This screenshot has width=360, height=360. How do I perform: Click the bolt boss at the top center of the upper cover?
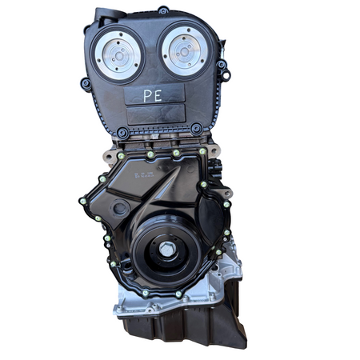tap(163, 10)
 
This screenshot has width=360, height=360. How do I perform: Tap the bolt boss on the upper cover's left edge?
tap(86, 82)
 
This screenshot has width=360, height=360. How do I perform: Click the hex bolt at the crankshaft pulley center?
tap(166, 250)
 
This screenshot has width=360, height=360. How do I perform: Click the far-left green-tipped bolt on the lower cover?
tap(83, 201)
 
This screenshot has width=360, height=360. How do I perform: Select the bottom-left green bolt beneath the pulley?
tap(145, 292)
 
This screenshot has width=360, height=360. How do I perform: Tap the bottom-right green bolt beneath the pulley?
tap(179, 293)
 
